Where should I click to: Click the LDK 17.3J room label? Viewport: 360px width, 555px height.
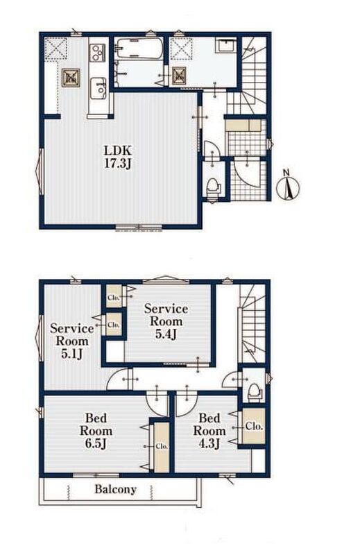(x=117, y=156)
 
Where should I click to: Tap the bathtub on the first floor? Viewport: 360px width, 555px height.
(x=139, y=49)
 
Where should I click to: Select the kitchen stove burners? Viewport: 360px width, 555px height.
(x=97, y=53)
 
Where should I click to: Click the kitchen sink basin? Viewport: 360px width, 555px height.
(x=98, y=89)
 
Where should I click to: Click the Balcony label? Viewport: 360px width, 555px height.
(x=115, y=490)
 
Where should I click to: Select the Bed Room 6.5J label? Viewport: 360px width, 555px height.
(x=96, y=431)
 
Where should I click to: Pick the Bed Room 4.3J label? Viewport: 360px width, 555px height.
(x=209, y=431)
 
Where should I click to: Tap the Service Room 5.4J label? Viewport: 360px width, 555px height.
(x=166, y=321)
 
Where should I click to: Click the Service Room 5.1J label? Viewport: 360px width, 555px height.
(x=72, y=341)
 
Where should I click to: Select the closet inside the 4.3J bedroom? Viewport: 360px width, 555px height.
(x=254, y=426)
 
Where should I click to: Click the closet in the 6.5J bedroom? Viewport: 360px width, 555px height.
(x=162, y=447)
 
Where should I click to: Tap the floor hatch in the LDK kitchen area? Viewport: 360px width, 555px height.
(x=71, y=78)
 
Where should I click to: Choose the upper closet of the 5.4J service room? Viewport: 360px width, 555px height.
(x=114, y=297)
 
